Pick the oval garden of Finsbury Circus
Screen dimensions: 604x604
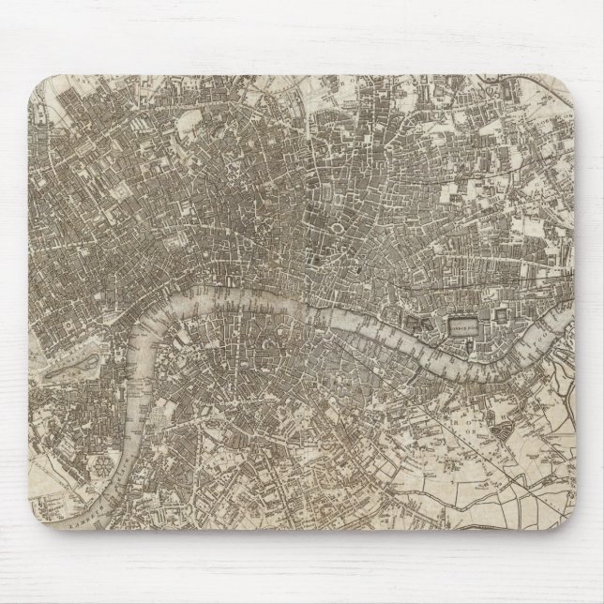point(335,228)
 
